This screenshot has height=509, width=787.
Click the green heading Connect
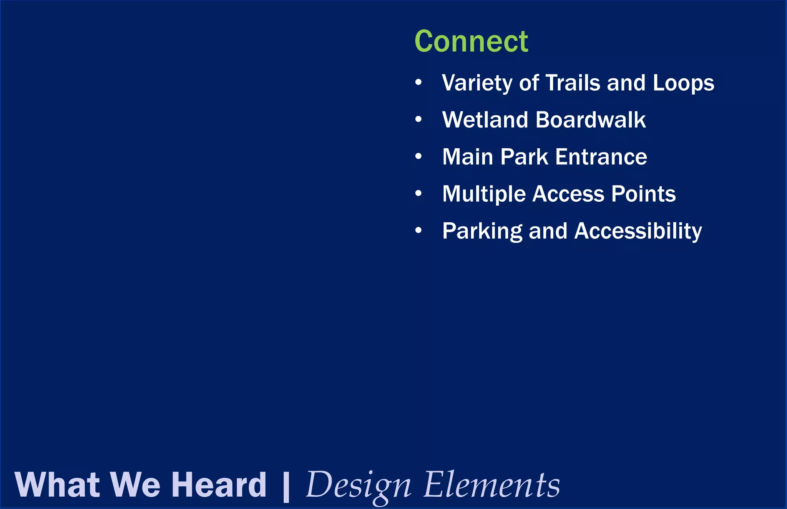pyautogui.click(x=471, y=41)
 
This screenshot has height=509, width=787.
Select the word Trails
pyautogui.click(x=573, y=83)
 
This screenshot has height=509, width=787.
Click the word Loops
pyautogui.click(x=683, y=83)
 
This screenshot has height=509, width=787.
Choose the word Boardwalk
pyautogui.click(x=591, y=120)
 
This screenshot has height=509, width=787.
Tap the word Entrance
pyautogui.click(x=601, y=157)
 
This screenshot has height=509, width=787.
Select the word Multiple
pyautogui.click(x=484, y=194)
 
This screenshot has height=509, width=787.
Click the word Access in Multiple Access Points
pyautogui.click(x=568, y=194)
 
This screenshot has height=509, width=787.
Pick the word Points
pyautogui.click(x=643, y=194)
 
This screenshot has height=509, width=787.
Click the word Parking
pyautogui.click(x=482, y=231)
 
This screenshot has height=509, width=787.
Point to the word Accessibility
pyautogui.click(x=638, y=231)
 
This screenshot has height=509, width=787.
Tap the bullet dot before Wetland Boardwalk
pyautogui.click(x=418, y=119)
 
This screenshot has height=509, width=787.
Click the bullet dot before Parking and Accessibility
pyautogui.click(x=418, y=230)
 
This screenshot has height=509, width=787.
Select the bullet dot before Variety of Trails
pyautogui.click(x=418, y=82)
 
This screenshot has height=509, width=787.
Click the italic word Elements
pyautogui.click(x=491, y=485)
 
